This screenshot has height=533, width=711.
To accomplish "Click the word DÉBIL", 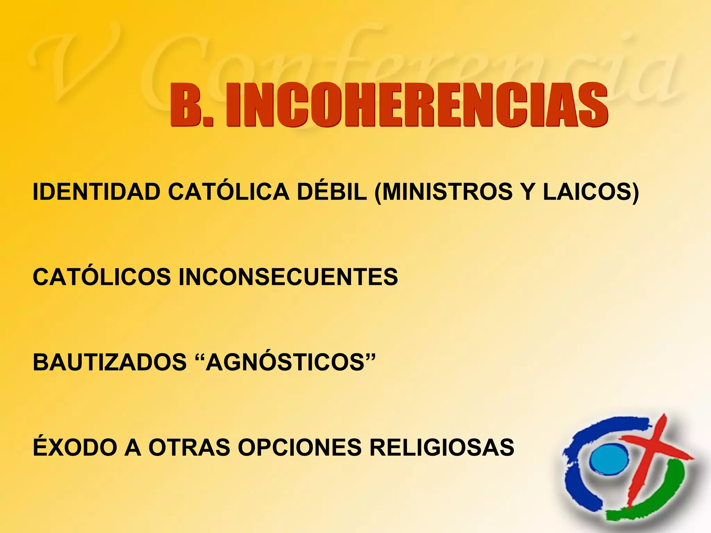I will [332, 192].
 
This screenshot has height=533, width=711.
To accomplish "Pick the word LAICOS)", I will [591, 192].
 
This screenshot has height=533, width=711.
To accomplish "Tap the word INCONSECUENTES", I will [288, 277].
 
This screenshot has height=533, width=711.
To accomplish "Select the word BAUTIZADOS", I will [110, 362].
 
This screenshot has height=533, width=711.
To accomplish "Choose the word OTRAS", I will [190, 447].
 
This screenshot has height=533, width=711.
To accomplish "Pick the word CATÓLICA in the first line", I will [229, 192].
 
